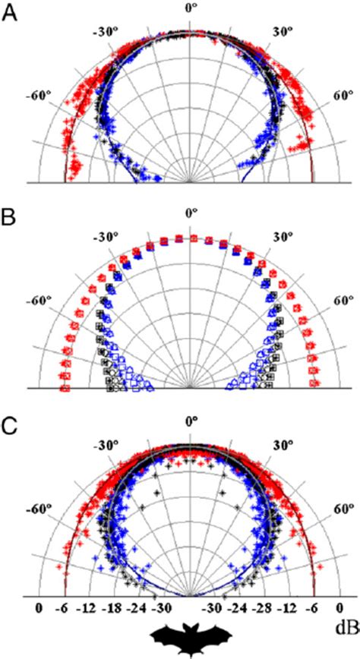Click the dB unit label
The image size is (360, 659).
point(346,608)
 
